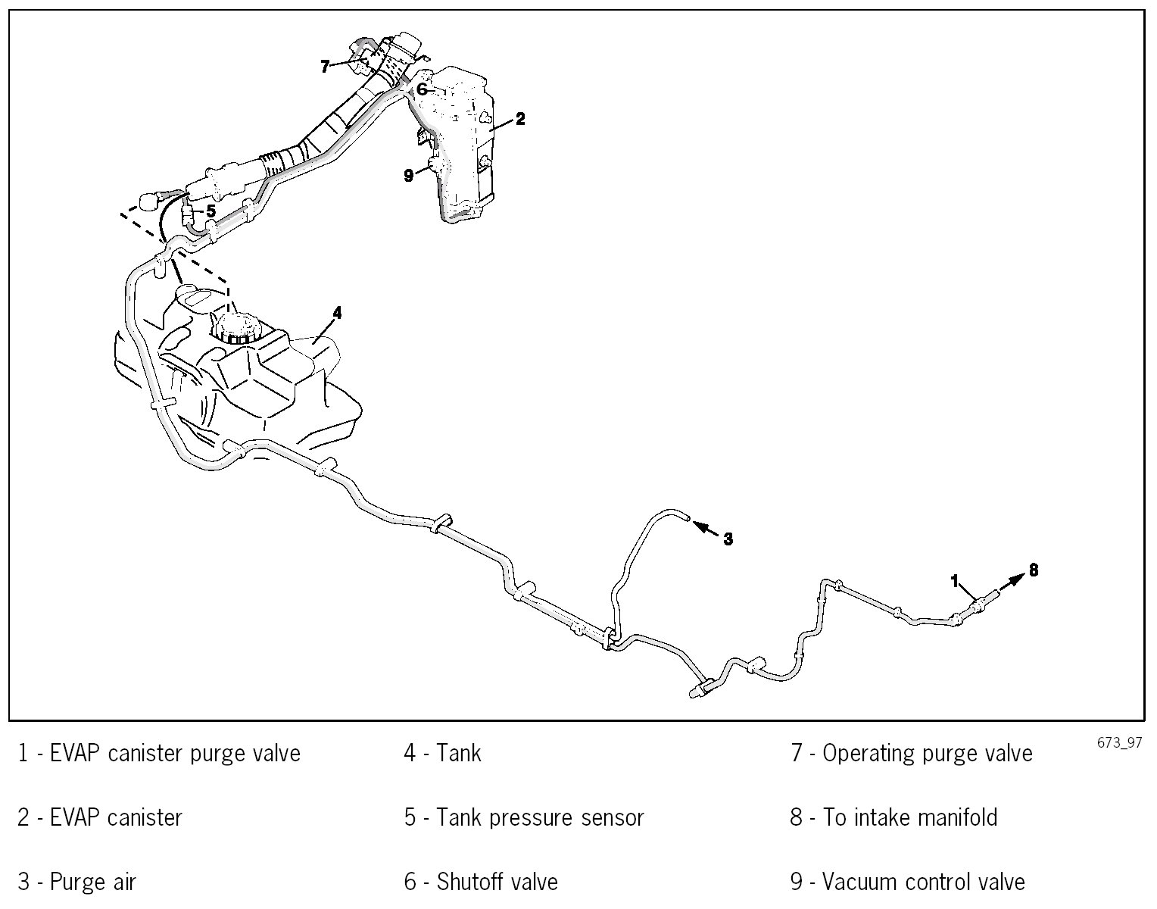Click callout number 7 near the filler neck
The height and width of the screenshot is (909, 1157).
[325, 67]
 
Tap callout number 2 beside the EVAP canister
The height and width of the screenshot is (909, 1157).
[520, 119]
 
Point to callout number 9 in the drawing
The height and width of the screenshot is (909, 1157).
[409, 176]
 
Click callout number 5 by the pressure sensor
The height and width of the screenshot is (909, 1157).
[211, 210]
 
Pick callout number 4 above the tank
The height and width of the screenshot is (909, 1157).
[337, 313]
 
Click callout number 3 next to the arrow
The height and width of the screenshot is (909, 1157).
[728, 539]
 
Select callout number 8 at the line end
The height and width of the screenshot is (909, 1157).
[1033, 569]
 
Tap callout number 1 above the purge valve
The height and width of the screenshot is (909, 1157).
[956, 580]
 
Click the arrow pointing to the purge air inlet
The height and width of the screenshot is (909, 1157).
[705, 527]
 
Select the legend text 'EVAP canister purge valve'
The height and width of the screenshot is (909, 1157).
[175, 754]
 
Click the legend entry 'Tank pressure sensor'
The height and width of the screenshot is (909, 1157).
[539, 818]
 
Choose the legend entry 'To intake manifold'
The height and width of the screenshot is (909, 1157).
[909, 818]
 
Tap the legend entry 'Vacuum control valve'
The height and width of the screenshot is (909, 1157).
[923, 882]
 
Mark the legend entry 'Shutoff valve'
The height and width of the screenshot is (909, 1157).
[497, 882]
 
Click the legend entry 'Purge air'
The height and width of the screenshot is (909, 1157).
[92, 882]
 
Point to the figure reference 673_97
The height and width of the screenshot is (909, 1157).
[1118, 743]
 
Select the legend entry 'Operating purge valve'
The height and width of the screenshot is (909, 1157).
[927, 754]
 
